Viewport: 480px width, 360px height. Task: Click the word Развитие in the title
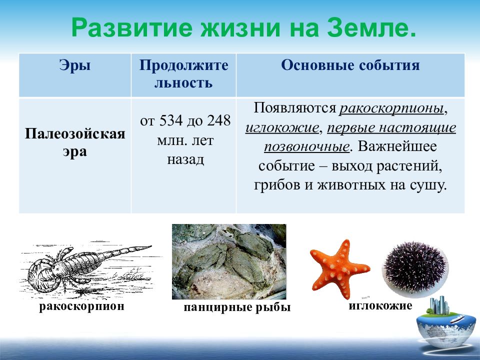132,28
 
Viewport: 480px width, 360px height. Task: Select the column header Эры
75,65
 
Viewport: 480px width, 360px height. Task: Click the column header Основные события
350,65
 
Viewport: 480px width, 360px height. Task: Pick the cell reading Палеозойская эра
75,142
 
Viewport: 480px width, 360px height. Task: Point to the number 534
171,120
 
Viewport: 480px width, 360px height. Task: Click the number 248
218,120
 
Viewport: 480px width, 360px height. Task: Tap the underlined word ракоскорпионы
391,108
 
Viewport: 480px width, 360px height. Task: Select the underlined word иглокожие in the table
282,127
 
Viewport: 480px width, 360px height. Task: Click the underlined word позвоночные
306,147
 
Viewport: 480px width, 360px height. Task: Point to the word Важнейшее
397,146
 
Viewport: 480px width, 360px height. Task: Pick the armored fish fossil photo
229,261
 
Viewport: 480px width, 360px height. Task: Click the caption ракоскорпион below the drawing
81,306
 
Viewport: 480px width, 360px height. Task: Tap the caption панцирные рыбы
237,307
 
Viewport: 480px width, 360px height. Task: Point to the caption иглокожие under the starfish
380,305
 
